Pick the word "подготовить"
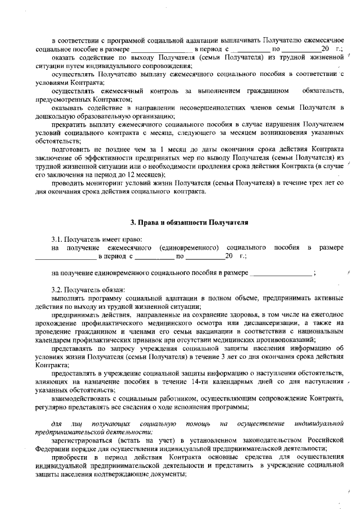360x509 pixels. tap(70, 149)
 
